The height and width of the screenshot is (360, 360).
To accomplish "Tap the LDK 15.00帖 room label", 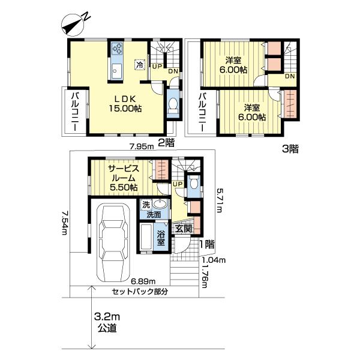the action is (125, 104).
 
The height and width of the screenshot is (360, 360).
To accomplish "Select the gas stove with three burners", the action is (117, 49).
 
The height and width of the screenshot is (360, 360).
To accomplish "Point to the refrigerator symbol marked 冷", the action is (140, 65).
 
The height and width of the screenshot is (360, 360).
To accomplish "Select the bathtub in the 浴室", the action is (146, 237).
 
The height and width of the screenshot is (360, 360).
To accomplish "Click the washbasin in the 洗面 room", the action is (160, 203).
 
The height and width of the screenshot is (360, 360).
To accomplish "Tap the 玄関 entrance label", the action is (184, 229).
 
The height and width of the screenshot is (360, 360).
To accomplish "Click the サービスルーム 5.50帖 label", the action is (124, 178).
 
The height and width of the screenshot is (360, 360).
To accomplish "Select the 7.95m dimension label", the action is (142, 146).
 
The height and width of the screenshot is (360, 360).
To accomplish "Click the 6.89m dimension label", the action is (143, 281).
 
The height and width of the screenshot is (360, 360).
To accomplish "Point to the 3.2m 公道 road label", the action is (107, 323).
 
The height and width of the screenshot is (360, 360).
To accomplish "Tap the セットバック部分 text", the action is (140, 292).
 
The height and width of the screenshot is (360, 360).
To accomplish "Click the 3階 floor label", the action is (290, 149).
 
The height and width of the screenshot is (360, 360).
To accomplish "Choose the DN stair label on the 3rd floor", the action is (290, 76).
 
